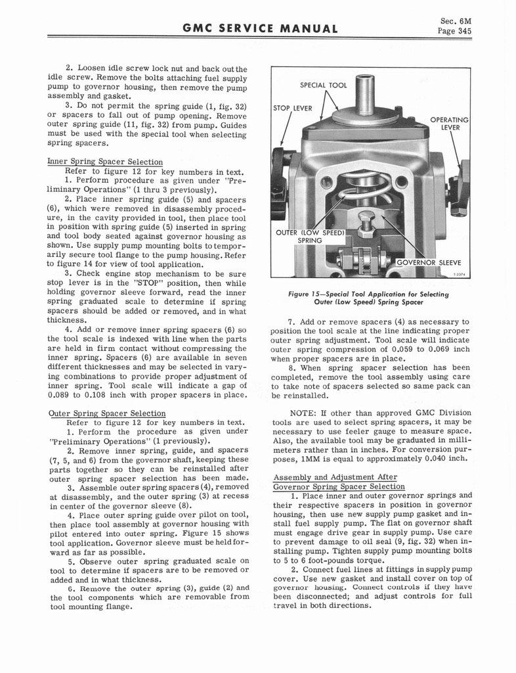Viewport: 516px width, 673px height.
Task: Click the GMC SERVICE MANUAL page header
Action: [x=258, y=28]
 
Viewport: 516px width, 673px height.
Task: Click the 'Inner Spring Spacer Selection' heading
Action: [x=105, y=162]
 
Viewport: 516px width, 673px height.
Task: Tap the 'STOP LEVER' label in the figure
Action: [x=293, y=108]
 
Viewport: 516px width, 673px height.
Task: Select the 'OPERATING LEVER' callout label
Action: [x=449, y=124]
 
